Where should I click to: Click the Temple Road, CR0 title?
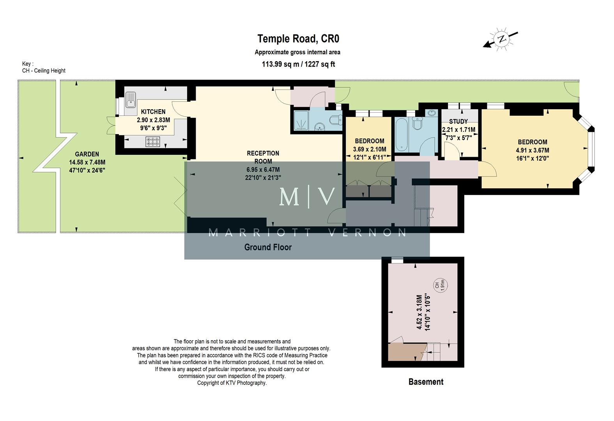(x=298, y=39)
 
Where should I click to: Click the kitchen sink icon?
(x=131, y=99)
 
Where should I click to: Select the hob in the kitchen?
(x=152, y=142)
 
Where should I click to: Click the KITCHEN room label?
(x=153, y=112)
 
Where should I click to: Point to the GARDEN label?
(x=87, y=154)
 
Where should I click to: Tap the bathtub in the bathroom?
(x=402, y=135)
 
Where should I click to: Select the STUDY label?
(x=458, y=122)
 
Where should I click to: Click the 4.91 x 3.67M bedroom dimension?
(x=532, y=150)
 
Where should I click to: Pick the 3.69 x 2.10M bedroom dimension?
(x=369, y=149)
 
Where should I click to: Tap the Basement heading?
(x=426, y=382)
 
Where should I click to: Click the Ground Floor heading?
(x=268, y=247)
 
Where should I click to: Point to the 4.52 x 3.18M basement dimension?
(x=419, y=312)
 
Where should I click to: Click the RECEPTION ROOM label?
(x=263, y=157)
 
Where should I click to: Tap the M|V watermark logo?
(x=307, y=197)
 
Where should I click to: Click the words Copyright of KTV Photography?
(x=232, y=383)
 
